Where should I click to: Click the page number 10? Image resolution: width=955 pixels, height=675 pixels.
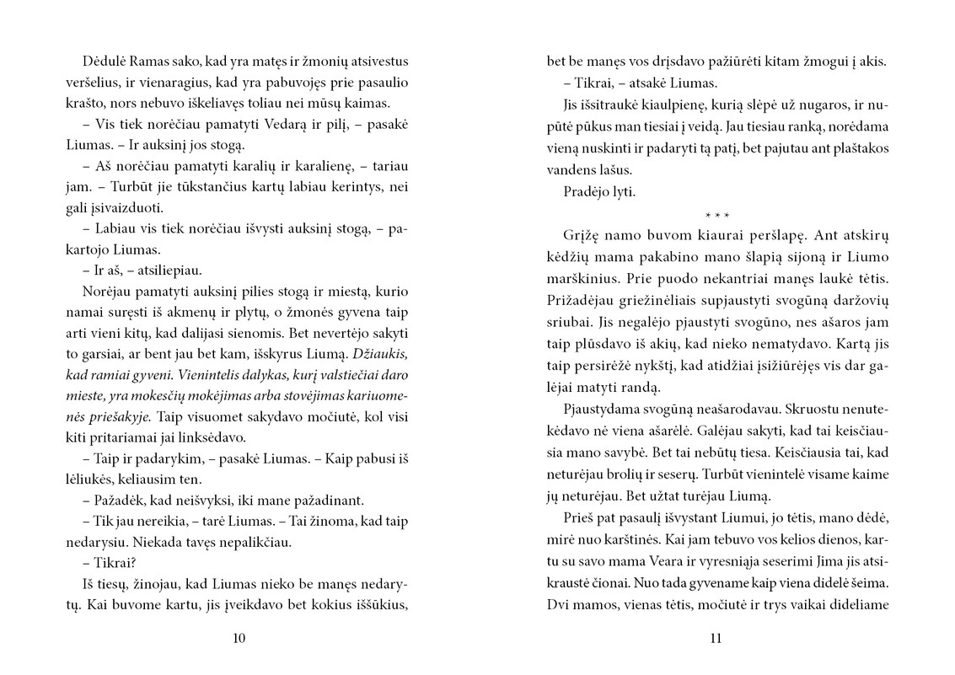(x=239, y=638)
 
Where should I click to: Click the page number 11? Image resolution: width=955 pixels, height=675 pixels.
(x=716, y=638)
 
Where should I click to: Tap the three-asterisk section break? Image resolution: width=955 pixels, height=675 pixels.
(x=716, y=215)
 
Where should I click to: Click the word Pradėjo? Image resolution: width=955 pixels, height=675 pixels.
(x=583, y=191)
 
